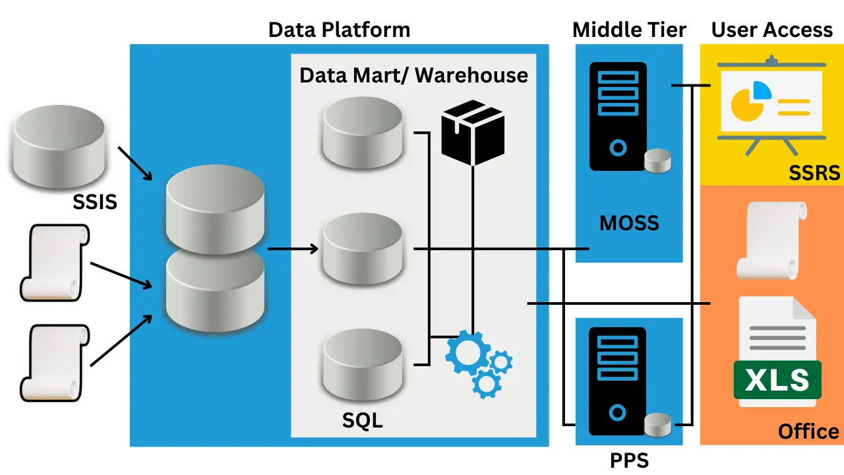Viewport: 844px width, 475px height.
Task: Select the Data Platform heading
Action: [339, 30]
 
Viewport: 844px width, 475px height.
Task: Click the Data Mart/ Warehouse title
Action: [413, 75]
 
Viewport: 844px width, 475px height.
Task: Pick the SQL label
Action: [363, 420]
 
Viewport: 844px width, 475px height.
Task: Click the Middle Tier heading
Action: [629, 30]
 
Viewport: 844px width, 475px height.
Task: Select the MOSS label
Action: [629, 223]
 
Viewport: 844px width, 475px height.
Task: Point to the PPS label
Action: [630, 460]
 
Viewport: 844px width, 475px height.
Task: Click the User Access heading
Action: [771, 30]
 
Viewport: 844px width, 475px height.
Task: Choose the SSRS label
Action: [814, 173]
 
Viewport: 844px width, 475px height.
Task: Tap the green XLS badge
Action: [777, 380]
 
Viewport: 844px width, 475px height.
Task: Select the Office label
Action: [808, 431]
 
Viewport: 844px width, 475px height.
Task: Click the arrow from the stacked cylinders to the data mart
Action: [293, 249]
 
